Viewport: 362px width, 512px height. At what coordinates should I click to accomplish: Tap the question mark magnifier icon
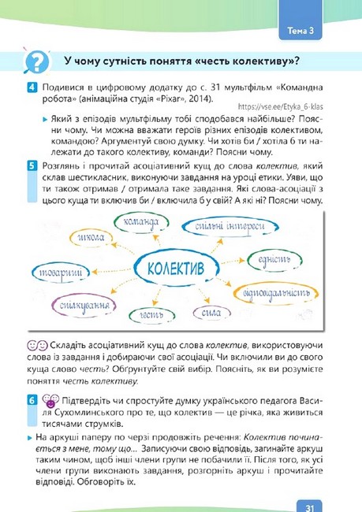tap(37, 62)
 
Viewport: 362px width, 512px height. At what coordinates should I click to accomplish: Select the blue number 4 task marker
tap(31, 87)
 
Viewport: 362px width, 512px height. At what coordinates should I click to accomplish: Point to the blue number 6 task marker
tap(31, 400)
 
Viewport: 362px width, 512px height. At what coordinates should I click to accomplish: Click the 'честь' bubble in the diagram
tap(129, 315)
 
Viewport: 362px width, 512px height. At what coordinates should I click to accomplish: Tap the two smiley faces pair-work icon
tap(36, 345)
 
